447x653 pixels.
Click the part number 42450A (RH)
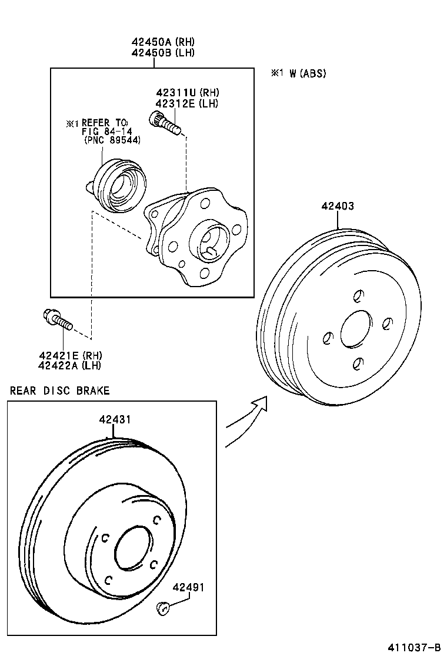[163, 42]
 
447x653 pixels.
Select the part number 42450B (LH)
[163, 52]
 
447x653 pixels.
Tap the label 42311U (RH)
[187, 93]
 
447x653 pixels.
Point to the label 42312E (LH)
[187, 103]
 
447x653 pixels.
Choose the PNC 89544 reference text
[111, 140]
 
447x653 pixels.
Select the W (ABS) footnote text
[298, 73]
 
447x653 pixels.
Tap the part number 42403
[338, 206]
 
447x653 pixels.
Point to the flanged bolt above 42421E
[56, 321]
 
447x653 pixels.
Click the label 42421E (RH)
[70, 355]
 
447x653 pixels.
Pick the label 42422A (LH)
[70, 365]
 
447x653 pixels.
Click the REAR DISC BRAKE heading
[59, 391]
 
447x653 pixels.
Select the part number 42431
[115, 419]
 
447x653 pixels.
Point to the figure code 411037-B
[413, 647]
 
